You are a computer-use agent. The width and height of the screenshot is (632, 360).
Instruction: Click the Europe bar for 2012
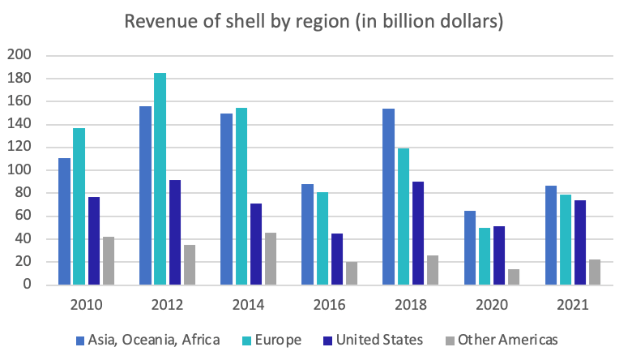[x=160, y=179]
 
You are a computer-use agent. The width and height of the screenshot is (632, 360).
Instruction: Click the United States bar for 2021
[x=580, y=242]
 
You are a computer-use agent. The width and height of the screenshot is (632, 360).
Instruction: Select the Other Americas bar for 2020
[x=514, y=276]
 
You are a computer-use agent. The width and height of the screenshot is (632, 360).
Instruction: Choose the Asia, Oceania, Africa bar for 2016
[x=308, y=234]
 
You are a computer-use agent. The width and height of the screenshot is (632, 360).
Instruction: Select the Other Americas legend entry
[x=507, y=340]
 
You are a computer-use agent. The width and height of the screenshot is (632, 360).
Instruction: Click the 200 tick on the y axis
[x=19, y=56]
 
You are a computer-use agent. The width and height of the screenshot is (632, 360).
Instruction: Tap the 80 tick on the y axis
[x=22, y=193]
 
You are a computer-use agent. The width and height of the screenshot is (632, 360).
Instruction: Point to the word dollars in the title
[x=470, y=21]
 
